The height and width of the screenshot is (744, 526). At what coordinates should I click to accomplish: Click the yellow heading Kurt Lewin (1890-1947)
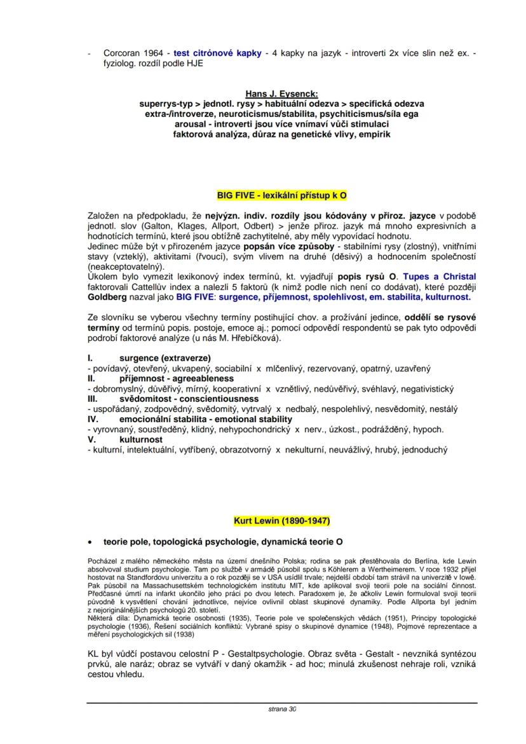tap(282, 521)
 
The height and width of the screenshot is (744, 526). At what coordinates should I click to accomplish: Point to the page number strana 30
tap(282, 709)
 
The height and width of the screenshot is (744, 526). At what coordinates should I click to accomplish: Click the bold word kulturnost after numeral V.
tap(140, 439)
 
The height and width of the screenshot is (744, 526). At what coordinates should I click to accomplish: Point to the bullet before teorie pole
tap(90, 542)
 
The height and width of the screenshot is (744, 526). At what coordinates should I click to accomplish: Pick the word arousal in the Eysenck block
tap(193, 125)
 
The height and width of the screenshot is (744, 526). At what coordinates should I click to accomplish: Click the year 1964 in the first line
tap(155, 53)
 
